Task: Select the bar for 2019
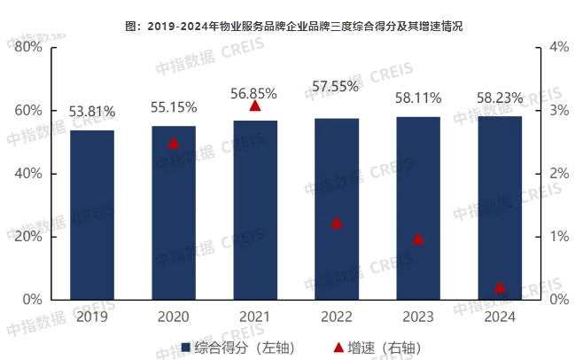point(92,215)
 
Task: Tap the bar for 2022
point(337,209)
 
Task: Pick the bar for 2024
point(500,207)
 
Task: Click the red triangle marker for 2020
point(174,142)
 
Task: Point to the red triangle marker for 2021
point(255,106)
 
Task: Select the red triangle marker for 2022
point(337,223)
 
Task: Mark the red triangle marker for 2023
point(418,239)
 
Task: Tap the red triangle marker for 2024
point(500,287)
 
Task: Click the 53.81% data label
point(92,112)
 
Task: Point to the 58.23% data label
point(500,96)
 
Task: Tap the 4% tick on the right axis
point(559,47)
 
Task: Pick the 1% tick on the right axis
point(559,237)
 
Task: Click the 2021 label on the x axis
point(255,316)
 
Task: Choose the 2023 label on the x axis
point(418,316)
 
